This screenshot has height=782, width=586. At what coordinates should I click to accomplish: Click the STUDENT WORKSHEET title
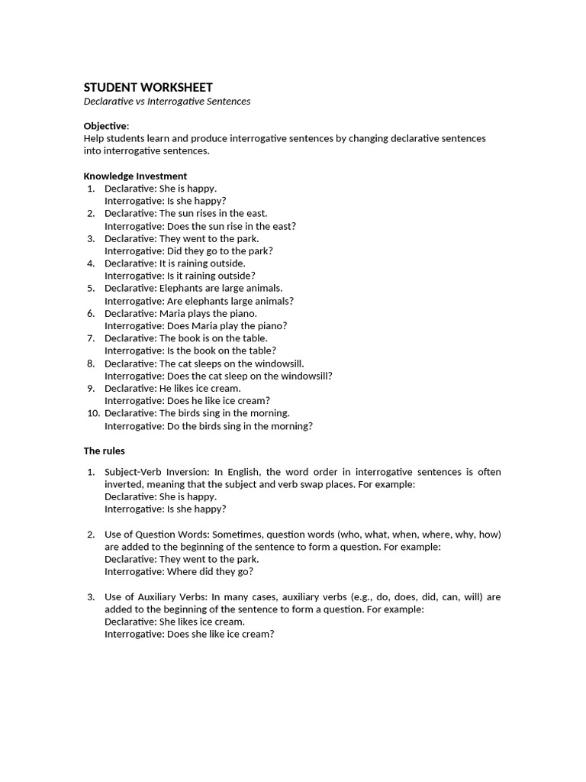coord(148,87)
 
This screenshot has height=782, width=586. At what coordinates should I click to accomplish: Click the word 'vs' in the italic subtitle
coord(140,101)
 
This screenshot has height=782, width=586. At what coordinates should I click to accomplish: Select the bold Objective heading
coord(105,126)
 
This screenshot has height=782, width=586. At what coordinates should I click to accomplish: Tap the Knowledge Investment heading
coord(135,176)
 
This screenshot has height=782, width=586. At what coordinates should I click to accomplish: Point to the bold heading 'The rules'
coord(104,451)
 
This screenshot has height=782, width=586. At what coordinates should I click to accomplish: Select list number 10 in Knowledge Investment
coord(89,413)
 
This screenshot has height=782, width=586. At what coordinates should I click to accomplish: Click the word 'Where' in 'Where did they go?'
coord(179,571)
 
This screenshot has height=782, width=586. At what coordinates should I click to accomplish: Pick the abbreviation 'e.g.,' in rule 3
coord(379,596)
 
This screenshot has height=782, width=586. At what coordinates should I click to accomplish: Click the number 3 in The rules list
coord(90,596)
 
